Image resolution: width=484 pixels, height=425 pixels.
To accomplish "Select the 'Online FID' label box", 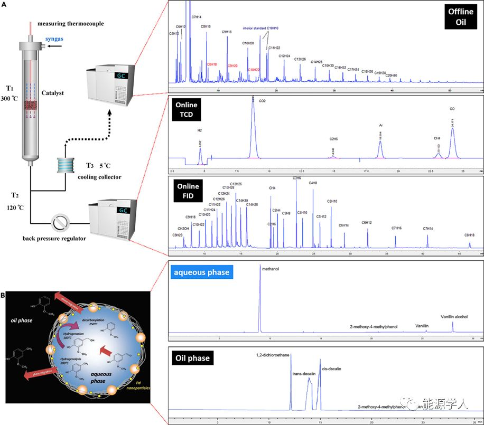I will click(189, 191).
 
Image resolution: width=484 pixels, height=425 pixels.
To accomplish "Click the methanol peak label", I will click(269, 269).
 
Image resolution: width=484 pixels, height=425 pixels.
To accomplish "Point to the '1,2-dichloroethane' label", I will click(272, 355).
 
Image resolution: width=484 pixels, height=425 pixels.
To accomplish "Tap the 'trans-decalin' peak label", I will click(304, 373).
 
